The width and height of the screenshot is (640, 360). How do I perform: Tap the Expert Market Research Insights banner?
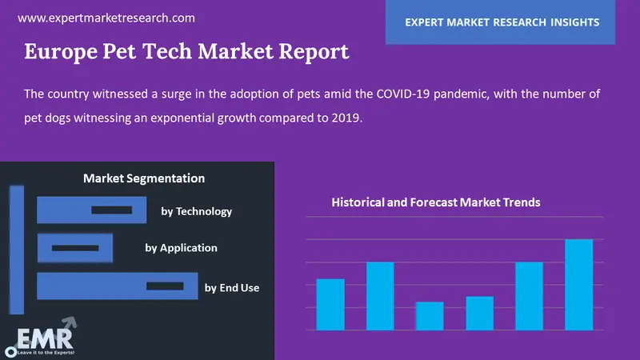(502, 22)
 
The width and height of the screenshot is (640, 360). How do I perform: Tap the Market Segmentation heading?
(144, 178)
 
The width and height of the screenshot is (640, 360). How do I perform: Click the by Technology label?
(196, 211)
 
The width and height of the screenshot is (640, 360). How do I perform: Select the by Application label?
(181, 247)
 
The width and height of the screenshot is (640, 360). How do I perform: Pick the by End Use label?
(232, 287)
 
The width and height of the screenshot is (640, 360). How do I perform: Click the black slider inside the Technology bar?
(111, 210)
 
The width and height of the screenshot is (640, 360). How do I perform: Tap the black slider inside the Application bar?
(69, 248)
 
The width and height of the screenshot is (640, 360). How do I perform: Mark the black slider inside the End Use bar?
(165, 286)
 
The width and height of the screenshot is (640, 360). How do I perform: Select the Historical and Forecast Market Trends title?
(436, 202)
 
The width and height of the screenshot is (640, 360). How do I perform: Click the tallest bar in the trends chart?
(579, 285)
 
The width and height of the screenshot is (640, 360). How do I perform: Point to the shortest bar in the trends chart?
(430, 316)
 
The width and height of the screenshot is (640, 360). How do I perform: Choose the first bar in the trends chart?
(330, 305)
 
